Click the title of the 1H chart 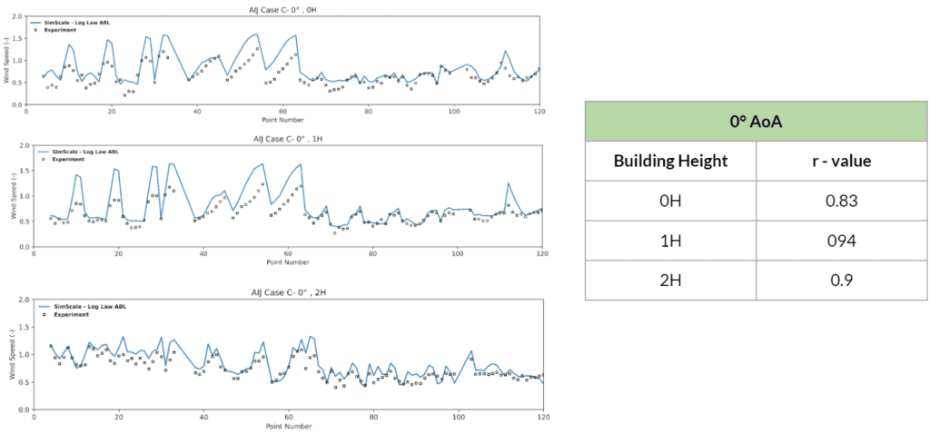coord(287,139)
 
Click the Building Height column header coord(670,161)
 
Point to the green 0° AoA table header coord(755,121)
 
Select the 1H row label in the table coord(670,240)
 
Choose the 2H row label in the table coord(670,279)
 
